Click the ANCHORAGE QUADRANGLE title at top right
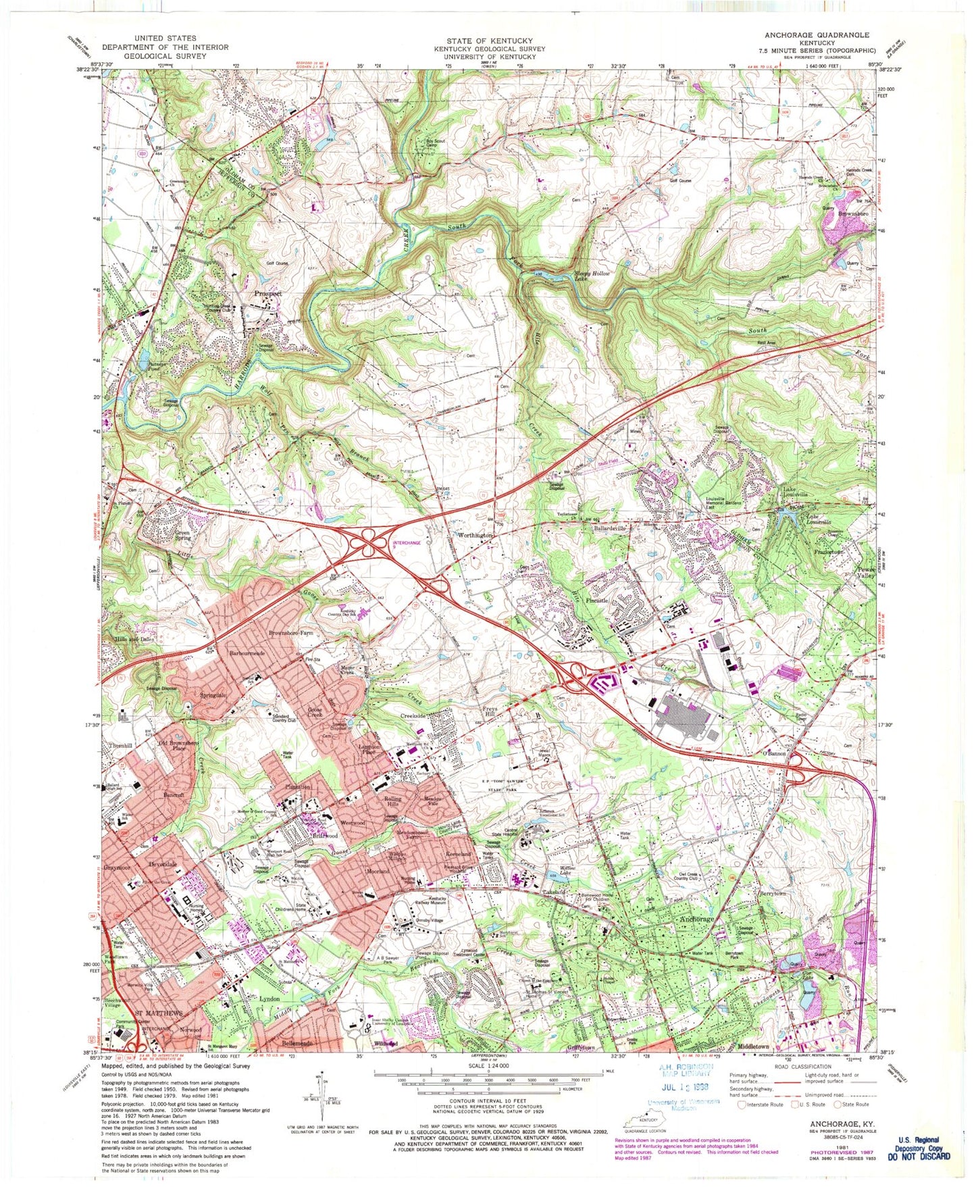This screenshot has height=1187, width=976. click(817, 34)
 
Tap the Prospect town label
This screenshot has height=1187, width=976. click(268, 295)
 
